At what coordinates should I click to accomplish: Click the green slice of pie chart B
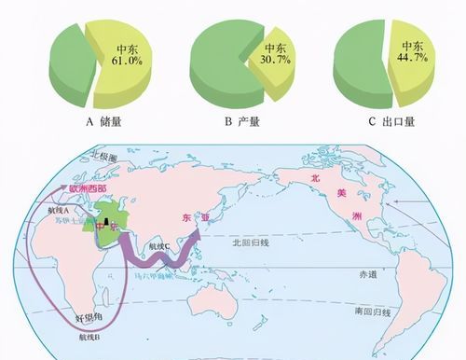tap(224, 65)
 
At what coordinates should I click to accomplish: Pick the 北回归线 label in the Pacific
tap(250, 241)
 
